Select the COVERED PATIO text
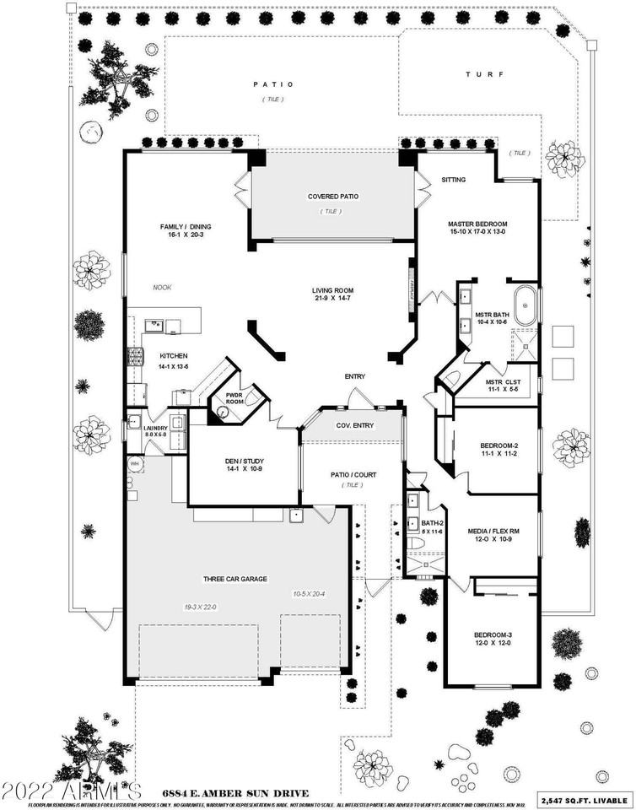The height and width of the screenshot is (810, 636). pyautogui.click(x=332, y=197)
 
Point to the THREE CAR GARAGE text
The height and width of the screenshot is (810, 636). pyautogui.click(x=234, y=579)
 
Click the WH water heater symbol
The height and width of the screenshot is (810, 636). pyautogui.click(x=133, y=464)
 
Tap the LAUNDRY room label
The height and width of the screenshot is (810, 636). pyautogui.click(x=155, y=429)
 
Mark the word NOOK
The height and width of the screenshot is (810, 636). pyautogui.click(x=162, y=288)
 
